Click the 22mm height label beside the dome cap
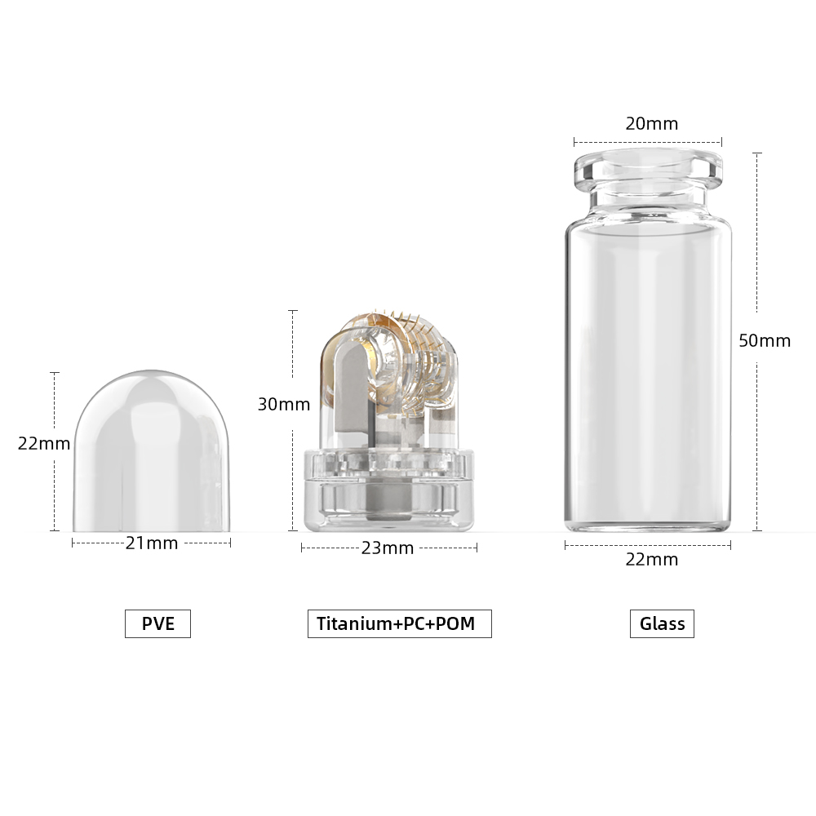[x=43, y=444]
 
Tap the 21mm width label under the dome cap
[x=151, y=543]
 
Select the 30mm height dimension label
[x=283, y=403]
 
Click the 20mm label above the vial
[x=651, y=124]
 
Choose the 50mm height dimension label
[x=764, y=340]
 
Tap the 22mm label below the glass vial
[x=651, y=559]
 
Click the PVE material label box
[x=157, y=624]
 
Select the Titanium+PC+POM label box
[x=399, y=624]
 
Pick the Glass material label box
[x=662, y=624]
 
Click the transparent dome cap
[x=152, y=457]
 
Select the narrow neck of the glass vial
[x=648, y=200]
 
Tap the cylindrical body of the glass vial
[x=648, y=375]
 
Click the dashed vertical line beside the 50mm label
[x=757, y=245]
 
